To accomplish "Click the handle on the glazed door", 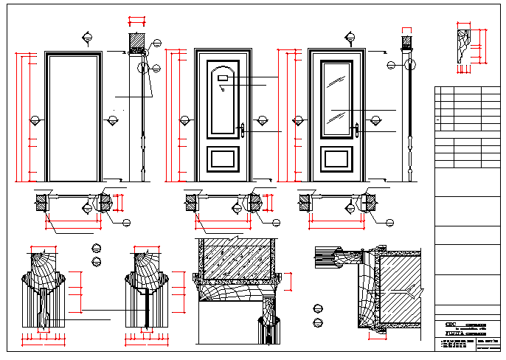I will point(356,129).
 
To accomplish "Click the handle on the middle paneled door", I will point(243,130).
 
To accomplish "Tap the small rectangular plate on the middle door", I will point(223,77).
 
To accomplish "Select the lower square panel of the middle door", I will point(223,159).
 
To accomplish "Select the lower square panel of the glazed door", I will point(336,159).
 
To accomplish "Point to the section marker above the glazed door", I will point(350,35).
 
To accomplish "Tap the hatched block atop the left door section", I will point(136,42).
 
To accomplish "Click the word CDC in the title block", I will point(450,325).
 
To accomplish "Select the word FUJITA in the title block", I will point(454,333).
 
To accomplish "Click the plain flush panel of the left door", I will point(73,118).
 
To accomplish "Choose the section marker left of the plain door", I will point(35,120).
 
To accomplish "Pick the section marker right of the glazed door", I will point(375,120).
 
